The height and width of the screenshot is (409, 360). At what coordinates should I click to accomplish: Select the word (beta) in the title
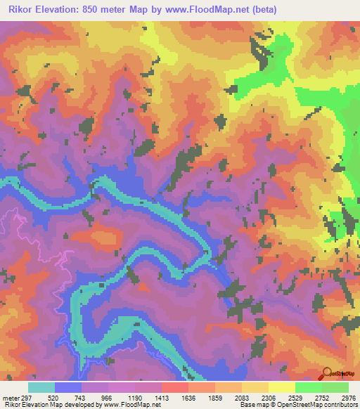(x=260, y=10)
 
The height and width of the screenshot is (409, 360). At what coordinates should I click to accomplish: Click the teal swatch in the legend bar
(x=41, y=387)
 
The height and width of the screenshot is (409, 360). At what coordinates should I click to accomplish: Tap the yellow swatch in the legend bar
(x=281, y=387)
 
